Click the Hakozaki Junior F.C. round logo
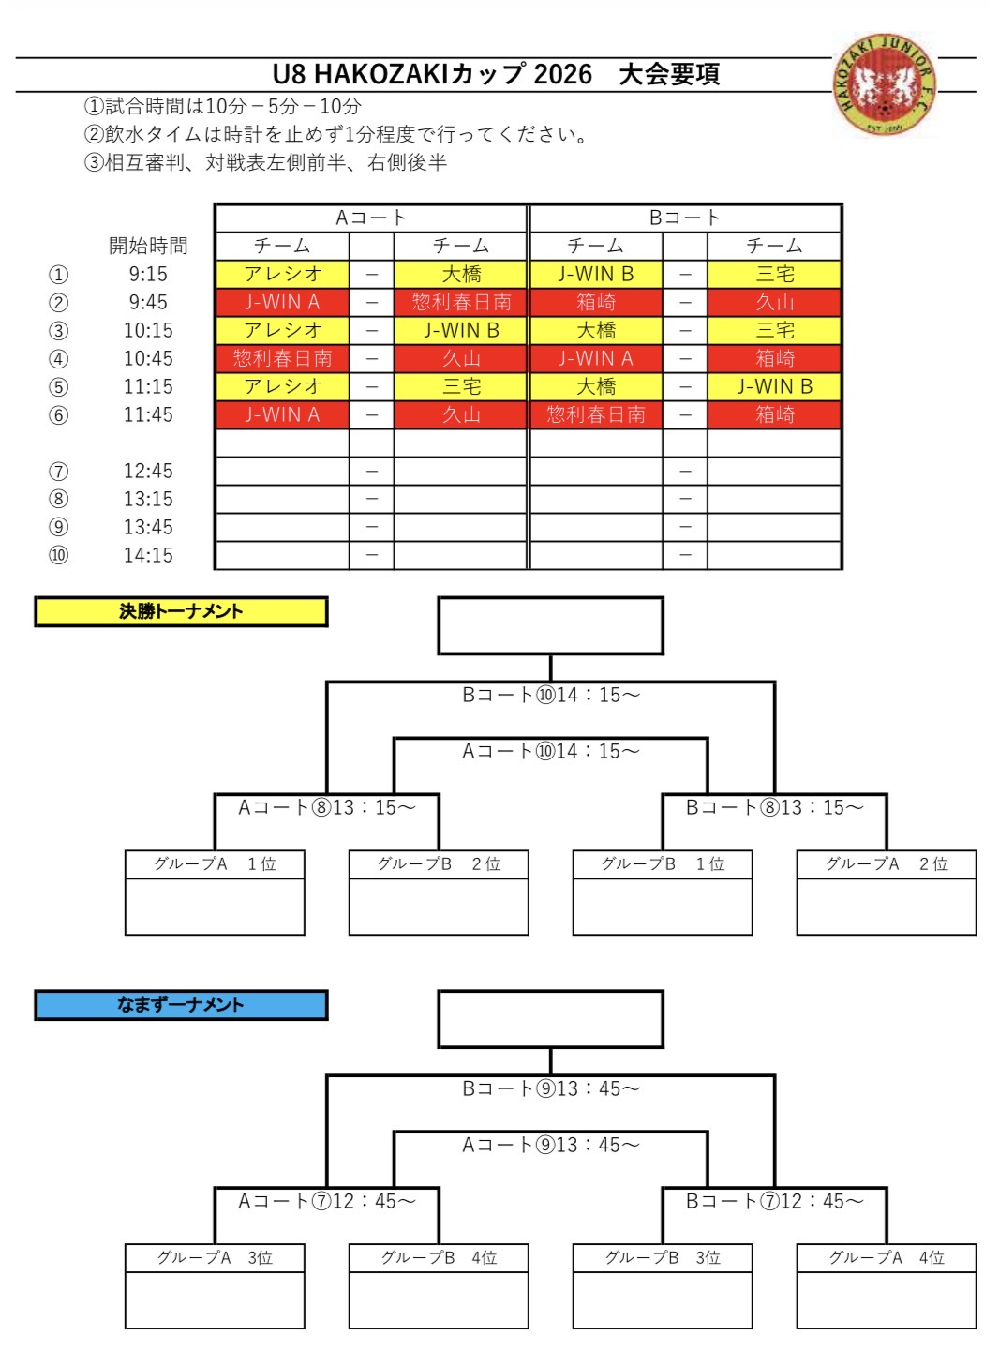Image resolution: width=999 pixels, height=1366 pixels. pos(884,84)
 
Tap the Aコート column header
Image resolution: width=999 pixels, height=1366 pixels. pos(370,218)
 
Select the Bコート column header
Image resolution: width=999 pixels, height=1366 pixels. pos(684,218)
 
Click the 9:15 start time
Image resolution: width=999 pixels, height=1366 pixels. pos(148,274)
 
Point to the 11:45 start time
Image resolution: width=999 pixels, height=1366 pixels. pos(148,414)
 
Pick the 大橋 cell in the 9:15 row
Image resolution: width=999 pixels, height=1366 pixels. pos(461,274)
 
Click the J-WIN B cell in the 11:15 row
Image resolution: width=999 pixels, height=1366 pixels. pos(775,386)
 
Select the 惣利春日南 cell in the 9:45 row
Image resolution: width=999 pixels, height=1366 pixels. pos(461,302)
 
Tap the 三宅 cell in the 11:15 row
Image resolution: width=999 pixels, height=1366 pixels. pos(461,386)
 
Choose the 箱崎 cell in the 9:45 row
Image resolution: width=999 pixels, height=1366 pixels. pos(595,302)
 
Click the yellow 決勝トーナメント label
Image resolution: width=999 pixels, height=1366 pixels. pos(181,611)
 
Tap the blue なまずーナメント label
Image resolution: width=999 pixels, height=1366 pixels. pos(181,1004)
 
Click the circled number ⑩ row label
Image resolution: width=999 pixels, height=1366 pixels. pos(58,556)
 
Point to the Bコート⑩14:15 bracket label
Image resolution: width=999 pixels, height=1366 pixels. pos(551,696)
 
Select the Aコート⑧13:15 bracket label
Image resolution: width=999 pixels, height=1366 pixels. pos(327,807)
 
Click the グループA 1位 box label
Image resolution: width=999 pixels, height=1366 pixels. pos(215,863)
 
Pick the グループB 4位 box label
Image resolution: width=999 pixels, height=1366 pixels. pos(439,1257)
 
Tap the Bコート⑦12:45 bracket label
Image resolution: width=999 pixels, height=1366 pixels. pos(775,1201)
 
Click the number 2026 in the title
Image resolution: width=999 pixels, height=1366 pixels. pos(563,74)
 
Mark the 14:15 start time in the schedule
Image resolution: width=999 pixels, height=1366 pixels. pos(148,556)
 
